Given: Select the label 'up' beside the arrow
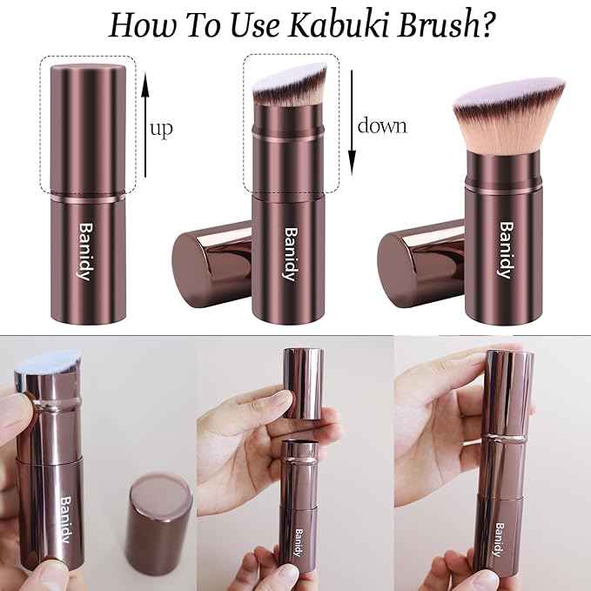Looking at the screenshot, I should [161, 129].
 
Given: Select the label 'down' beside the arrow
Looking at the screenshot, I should [382, 125].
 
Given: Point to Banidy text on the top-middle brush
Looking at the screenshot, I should [290, 254].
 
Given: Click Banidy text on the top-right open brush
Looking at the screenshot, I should [503, 250].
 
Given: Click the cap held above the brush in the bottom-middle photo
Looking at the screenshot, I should [298, 386].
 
